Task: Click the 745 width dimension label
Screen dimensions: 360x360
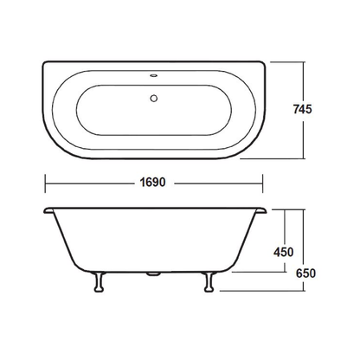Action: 302,109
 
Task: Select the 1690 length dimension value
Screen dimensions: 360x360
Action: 152,183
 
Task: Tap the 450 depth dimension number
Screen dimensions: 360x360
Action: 284,252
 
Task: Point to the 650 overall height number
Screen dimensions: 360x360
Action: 305,273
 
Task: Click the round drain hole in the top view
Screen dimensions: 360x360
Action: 154,98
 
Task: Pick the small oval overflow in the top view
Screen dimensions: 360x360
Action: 154,76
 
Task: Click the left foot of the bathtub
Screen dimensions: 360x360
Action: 99,282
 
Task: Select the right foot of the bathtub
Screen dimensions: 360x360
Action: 209,282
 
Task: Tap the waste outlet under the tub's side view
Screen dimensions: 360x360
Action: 153,274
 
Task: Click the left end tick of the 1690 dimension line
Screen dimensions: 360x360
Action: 45,183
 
